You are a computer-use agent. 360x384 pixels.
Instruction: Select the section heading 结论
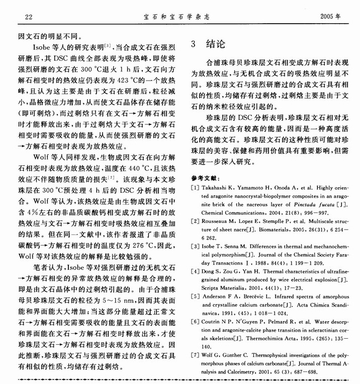point(216,43)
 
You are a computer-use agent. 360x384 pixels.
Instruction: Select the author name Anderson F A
point(225,296)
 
